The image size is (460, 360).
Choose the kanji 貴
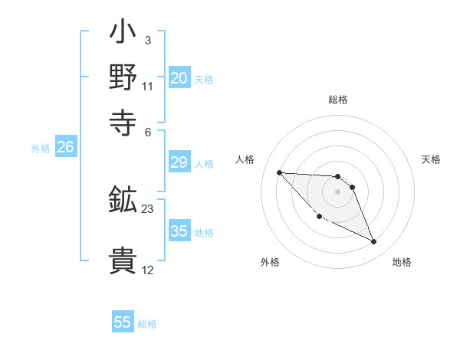coord(123,260)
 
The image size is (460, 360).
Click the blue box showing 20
coord(179,78)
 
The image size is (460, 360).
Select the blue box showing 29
coord(179,162)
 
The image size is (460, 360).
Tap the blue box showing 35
coord(179,231)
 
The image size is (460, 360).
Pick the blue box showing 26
coord(65,148)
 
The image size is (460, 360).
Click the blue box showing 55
coord(123,322)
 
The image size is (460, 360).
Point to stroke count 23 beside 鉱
coord(148,208)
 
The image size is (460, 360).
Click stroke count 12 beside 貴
coord(148,270)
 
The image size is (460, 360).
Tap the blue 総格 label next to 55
coord(147,324)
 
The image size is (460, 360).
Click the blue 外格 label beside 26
coord(41,149)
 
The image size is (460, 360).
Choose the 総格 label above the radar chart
coord(338,100)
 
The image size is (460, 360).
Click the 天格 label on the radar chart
coord(432,159)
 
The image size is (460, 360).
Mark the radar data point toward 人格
coord(279,172)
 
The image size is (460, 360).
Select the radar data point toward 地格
coord(374,242)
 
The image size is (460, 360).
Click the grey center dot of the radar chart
coord(338,191)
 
